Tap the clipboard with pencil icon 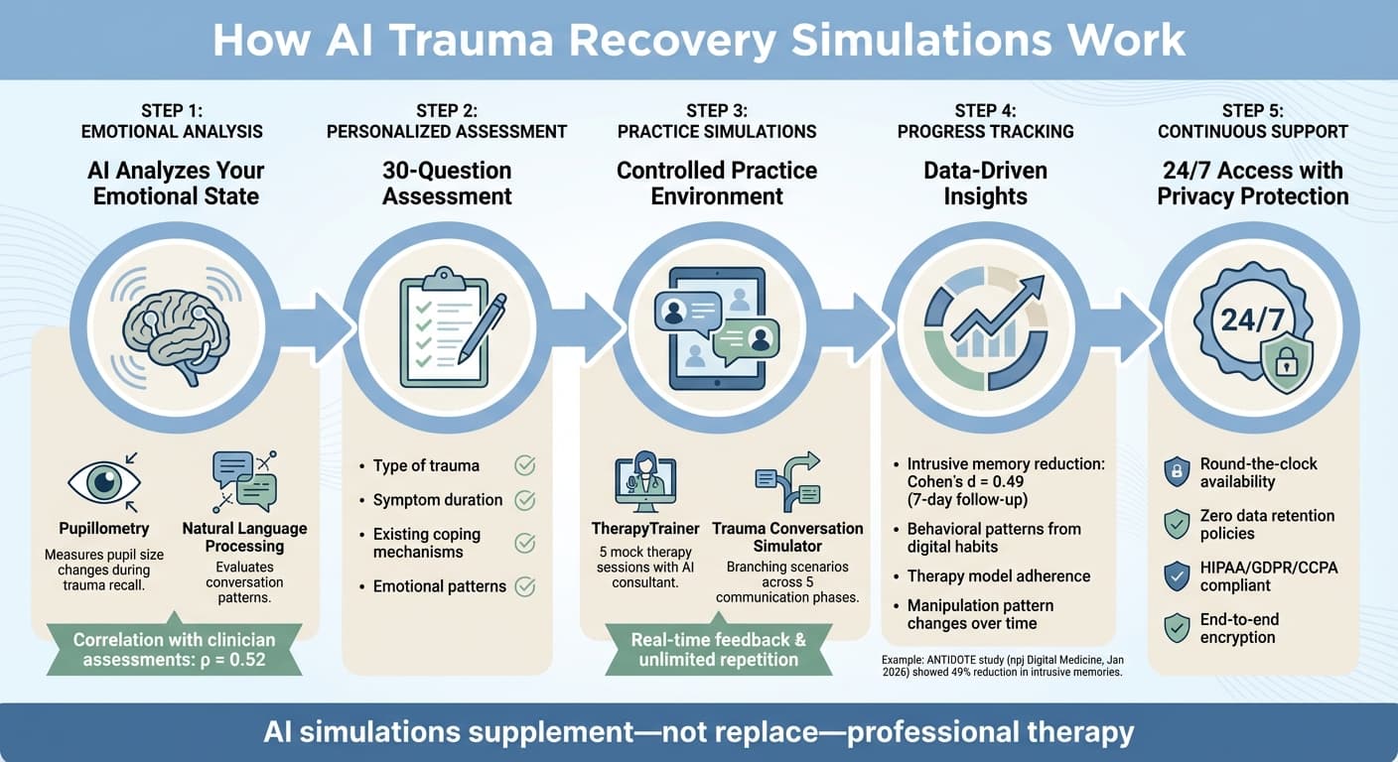click(x=448, y=326)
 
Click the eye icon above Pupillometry click(x=103, y=482)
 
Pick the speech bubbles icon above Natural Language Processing click(x=244, y=480)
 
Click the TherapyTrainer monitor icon click(x=645, y=483)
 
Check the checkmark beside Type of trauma click(x=524, y=465)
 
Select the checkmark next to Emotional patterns click(x=524, y=586)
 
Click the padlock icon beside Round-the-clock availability click(x=1177, y=472)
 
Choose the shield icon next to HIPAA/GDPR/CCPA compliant click(x=1177, y=575)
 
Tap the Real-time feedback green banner click(x=718, y=650)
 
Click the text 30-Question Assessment click(x=447, y=183)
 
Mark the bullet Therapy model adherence click(x=998, y=576)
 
